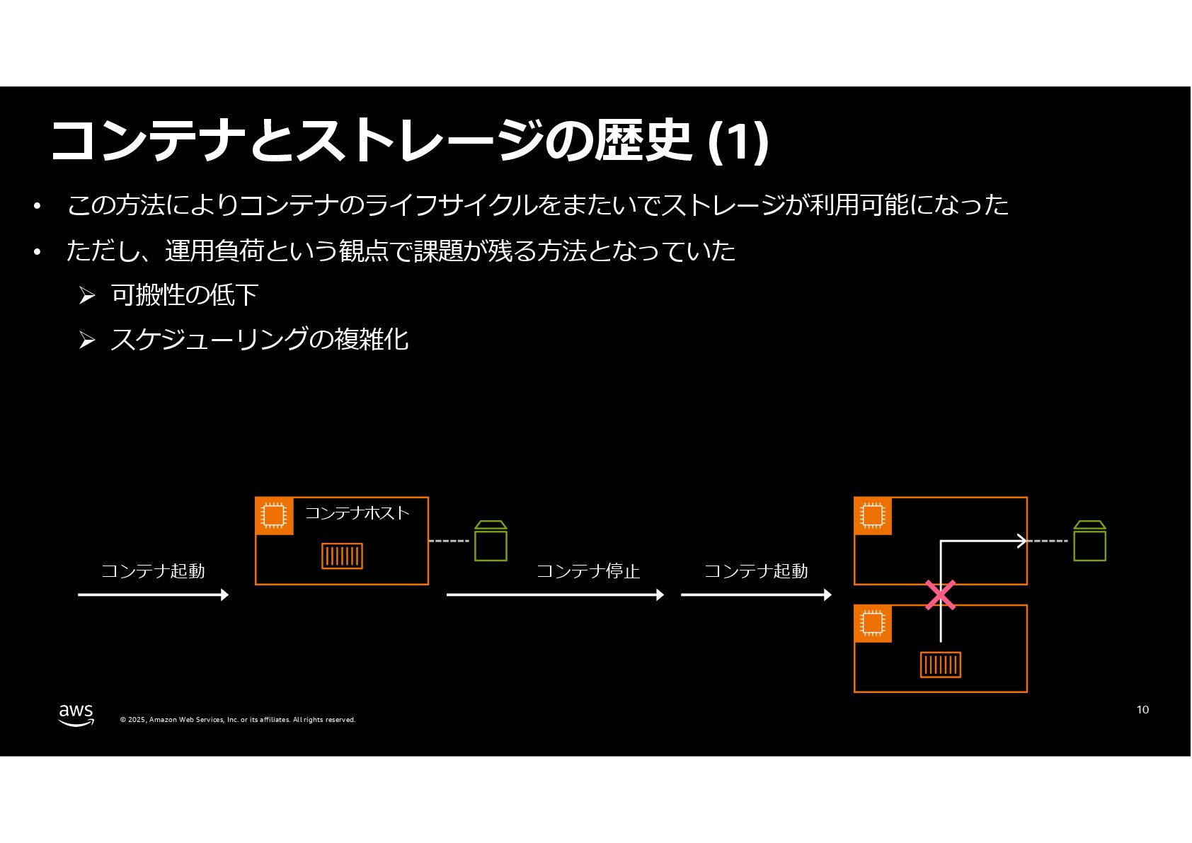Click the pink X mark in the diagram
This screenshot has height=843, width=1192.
point(940,595)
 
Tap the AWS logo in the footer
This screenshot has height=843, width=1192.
point(76,715)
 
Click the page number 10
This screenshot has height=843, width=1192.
point(1142,710)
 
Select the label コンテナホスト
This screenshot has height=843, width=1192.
point(357,513)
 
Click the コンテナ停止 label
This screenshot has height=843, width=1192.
point(588,571)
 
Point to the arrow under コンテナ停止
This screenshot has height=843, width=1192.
point(555,595)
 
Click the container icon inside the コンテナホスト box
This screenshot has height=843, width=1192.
point(342,556)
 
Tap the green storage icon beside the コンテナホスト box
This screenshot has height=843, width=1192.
point(491,541)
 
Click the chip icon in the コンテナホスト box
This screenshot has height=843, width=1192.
point(274,516)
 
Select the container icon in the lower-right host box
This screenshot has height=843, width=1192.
point(941,665)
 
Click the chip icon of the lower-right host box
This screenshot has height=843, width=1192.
point(873,624)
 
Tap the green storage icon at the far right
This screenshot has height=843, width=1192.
point(1089,541)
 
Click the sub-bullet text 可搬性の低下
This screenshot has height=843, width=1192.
point(185,295)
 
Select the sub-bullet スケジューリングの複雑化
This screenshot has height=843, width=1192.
point(260,339)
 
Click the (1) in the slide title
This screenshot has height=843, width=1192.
point(738,141)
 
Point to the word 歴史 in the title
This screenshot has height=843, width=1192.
point(643,141)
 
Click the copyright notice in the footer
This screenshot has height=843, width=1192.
point(238,720)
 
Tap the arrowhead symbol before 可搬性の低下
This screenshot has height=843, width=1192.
point(87,296)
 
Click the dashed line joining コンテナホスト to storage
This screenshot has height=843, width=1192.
point(449,541)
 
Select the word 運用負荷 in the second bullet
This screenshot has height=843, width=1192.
point(214,251)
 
